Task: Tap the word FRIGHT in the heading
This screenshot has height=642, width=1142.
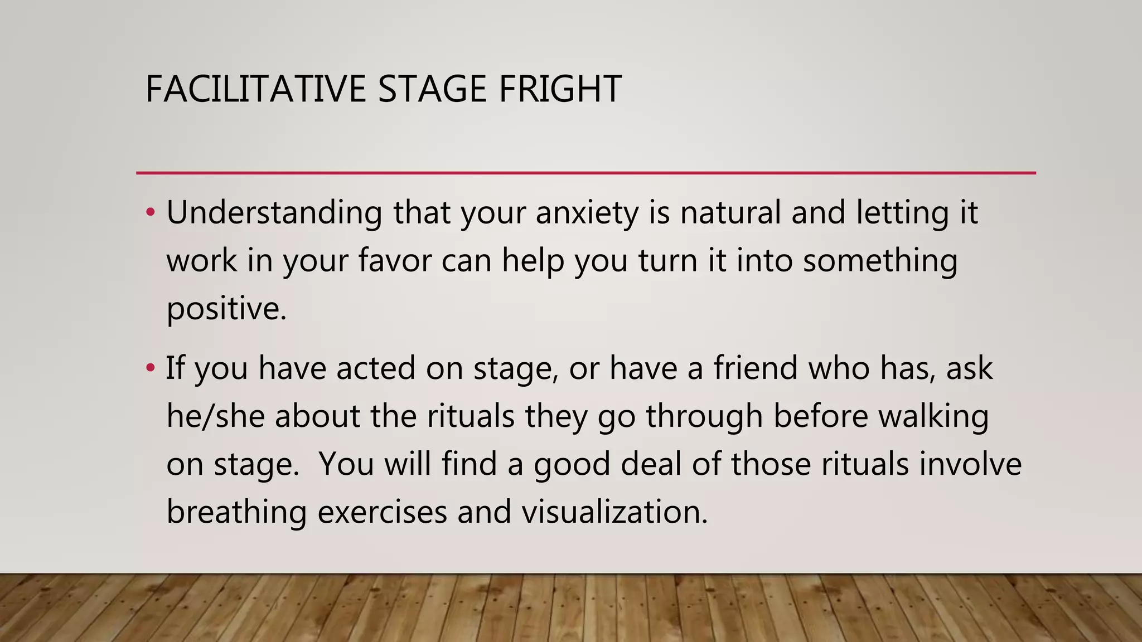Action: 560,89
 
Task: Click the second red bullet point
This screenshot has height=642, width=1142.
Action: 149,368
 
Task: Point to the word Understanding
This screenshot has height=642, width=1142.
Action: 274,213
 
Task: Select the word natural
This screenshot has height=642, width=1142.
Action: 730,213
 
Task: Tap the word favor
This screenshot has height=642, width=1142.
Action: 395,261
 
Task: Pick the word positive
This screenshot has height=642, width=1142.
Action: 226,309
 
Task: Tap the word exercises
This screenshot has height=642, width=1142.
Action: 382,512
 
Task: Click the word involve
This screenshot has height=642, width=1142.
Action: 970,464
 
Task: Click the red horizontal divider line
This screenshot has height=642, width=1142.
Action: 585,173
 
